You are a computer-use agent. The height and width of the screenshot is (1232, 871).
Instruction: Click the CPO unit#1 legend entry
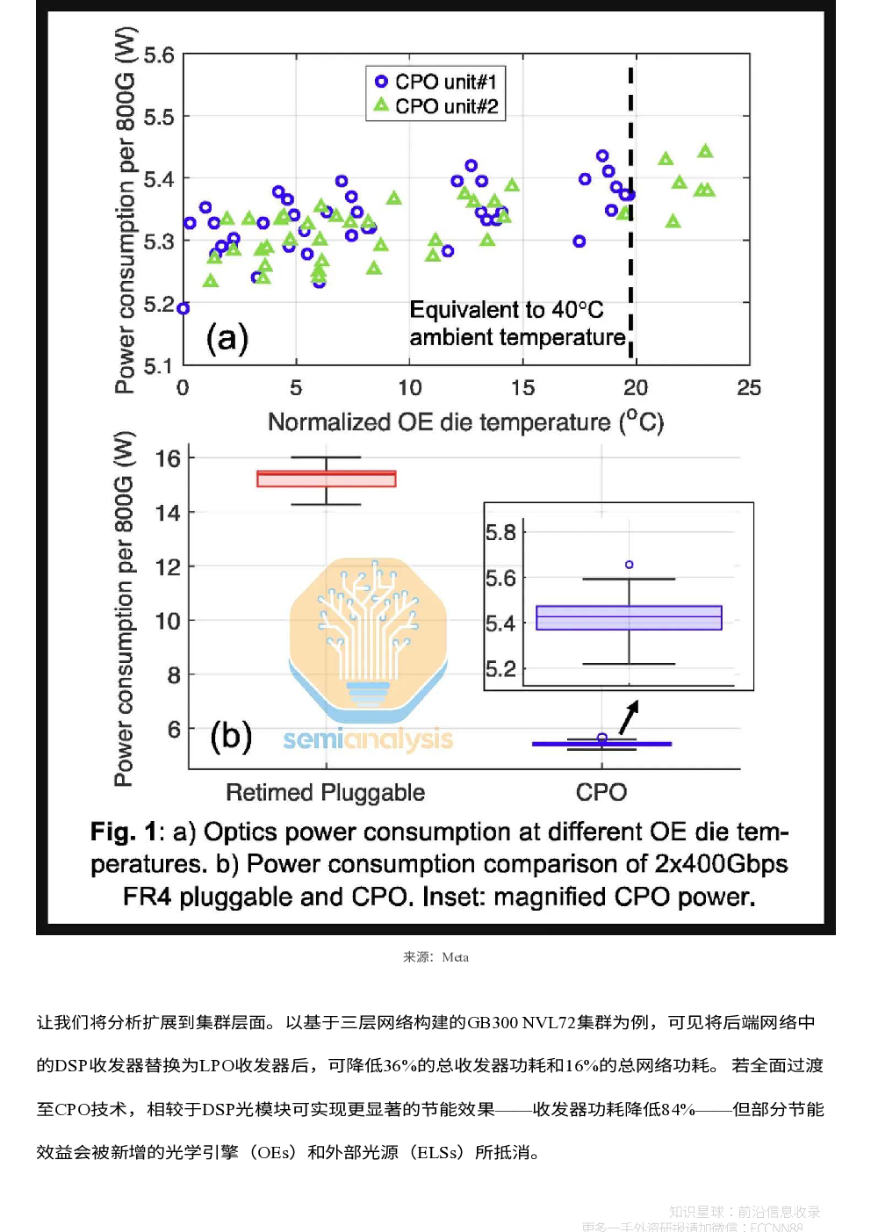pos(436,82)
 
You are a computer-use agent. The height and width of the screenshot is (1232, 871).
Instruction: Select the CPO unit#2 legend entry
pos(436,106)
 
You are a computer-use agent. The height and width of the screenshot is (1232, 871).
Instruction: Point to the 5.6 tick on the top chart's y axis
pos(159,55)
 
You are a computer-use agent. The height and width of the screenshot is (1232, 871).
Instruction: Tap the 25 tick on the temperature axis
pos(749,387)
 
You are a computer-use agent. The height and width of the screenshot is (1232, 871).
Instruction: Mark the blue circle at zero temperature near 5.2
pos(184,308)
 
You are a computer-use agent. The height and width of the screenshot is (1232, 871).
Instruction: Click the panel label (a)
pos(227,338)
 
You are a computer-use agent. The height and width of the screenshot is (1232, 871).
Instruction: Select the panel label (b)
pos(231,736)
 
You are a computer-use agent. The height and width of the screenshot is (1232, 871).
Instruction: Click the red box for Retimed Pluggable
pos(327,479)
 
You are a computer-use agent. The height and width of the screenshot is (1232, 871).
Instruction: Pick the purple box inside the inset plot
pos(629,617)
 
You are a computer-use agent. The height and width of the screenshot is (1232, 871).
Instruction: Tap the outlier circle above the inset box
pos(629,565)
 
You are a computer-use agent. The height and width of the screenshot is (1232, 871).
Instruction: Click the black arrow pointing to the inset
pos(629,717)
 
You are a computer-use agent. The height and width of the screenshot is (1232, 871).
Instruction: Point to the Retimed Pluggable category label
pos(325,792)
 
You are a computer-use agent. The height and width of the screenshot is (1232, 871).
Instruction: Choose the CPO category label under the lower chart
pos(601,792)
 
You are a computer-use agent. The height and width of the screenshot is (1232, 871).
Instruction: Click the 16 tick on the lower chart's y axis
pos(168,458)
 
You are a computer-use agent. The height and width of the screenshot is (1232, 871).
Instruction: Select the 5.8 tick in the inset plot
pos(500,532)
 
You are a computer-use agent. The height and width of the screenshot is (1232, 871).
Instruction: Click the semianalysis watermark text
pos(368,739)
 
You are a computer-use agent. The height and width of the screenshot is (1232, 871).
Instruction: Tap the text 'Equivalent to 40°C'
pos(507,310)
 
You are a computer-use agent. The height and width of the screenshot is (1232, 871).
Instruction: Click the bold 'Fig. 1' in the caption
pos(123,832)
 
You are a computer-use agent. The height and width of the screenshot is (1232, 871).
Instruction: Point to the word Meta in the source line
pos(455,957)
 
